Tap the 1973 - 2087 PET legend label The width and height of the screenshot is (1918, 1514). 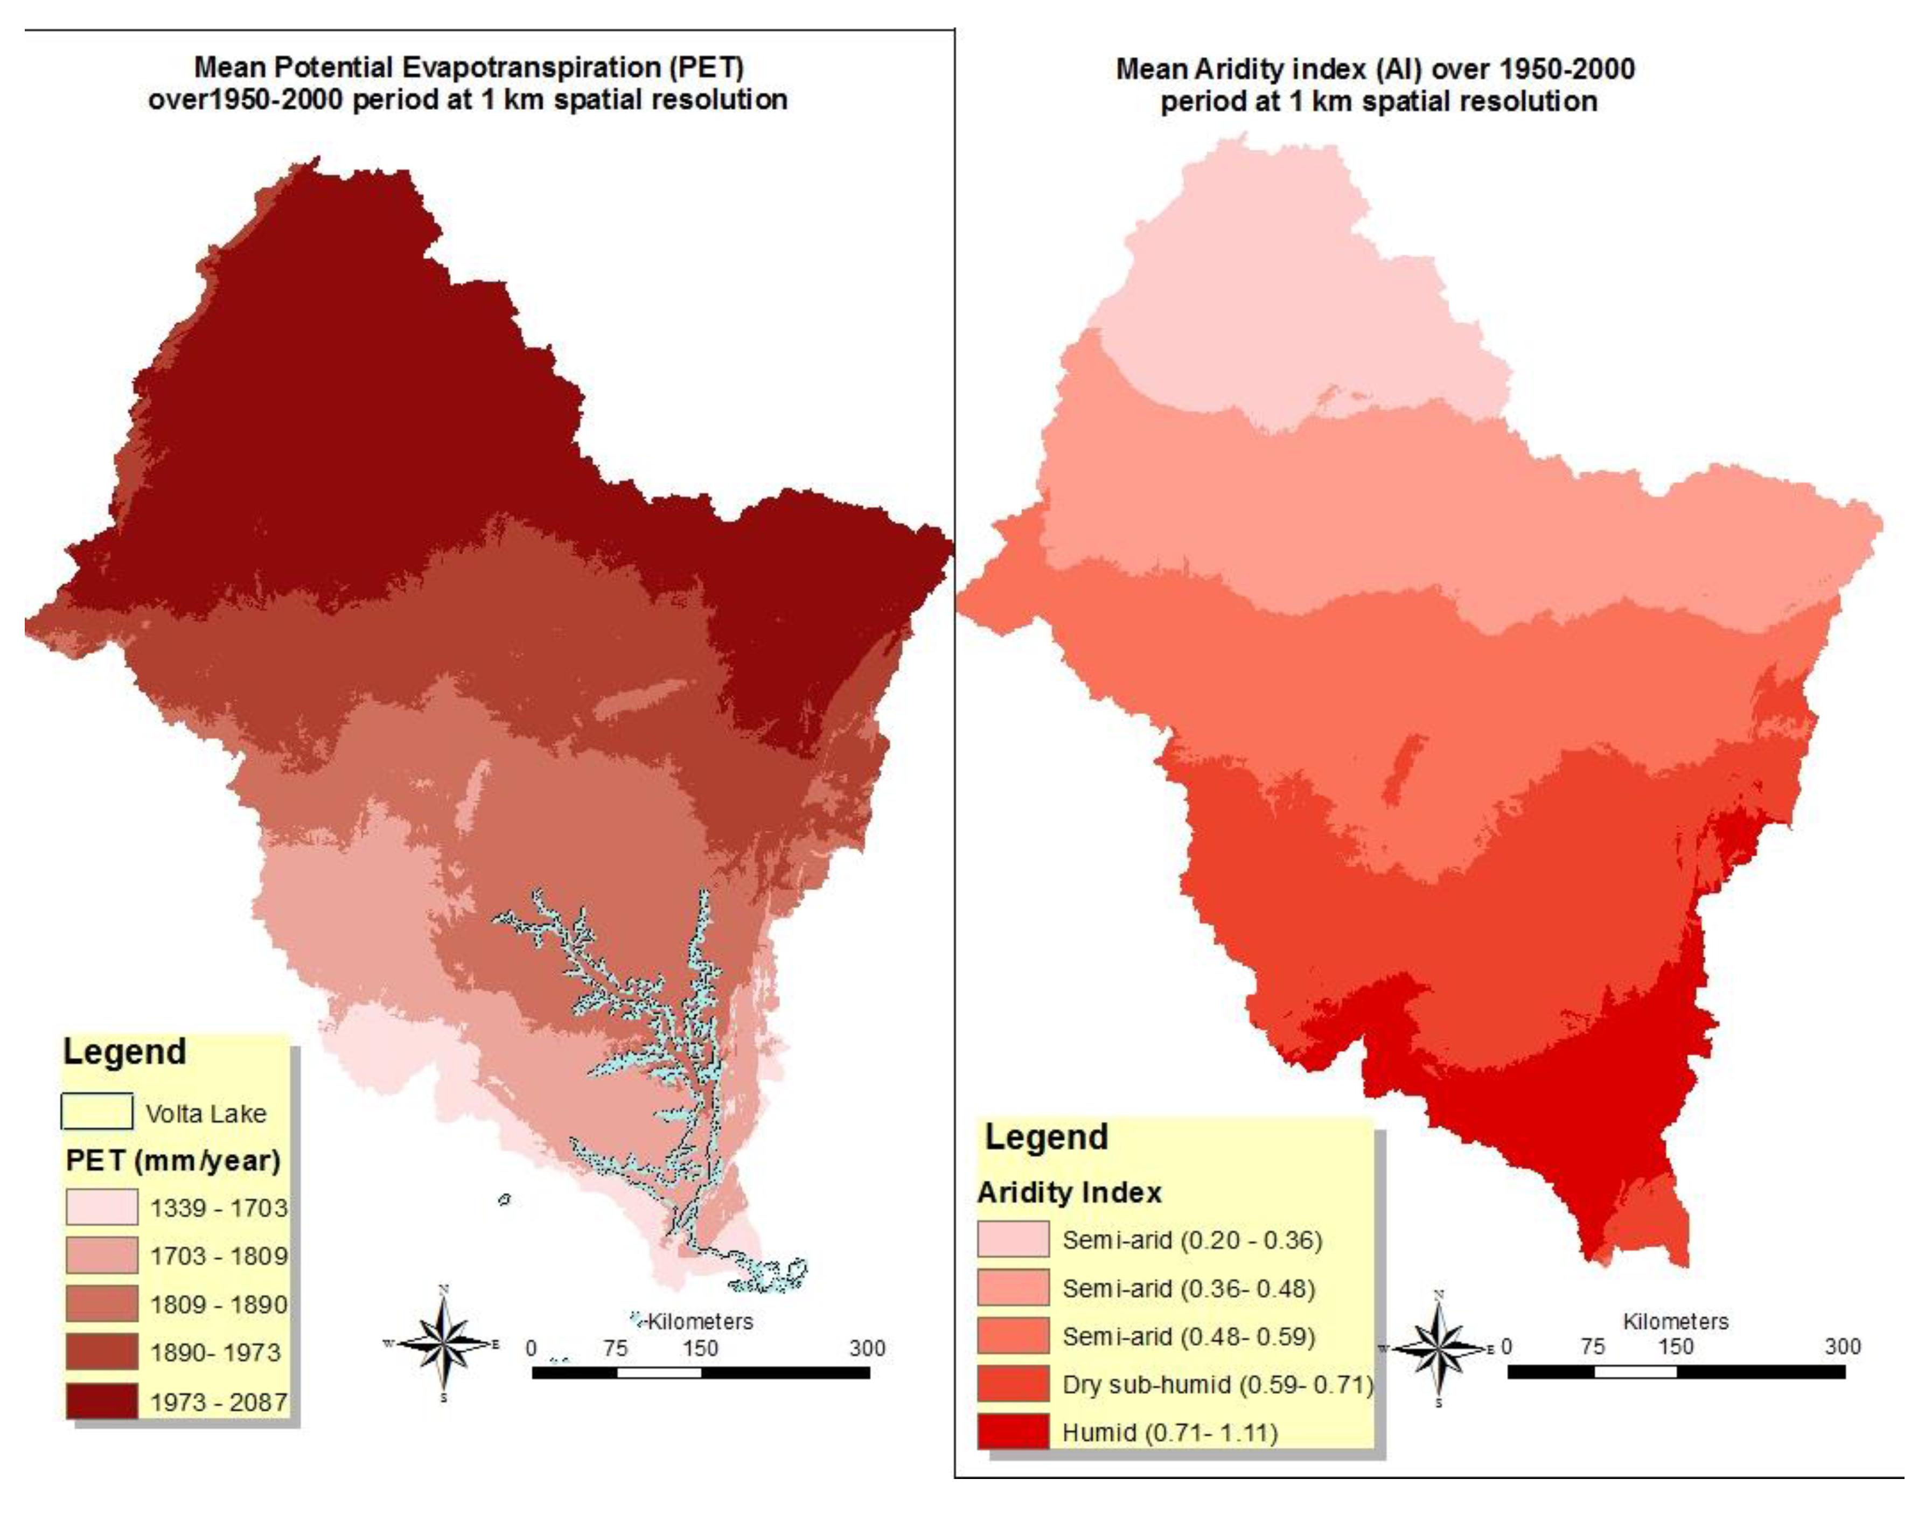218,1403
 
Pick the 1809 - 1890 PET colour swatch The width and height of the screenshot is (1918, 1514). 101,1304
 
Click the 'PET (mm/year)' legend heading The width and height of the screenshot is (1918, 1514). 173,1160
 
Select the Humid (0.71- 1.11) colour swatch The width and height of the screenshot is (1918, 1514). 1012,1432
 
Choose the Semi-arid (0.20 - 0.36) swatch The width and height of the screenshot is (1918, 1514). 1012,1239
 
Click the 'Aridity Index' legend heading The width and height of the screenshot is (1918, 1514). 1069,1192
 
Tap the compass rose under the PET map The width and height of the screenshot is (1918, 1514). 444,1344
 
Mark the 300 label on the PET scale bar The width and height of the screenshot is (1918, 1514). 866,1348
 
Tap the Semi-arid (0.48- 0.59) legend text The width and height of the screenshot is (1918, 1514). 1188,1336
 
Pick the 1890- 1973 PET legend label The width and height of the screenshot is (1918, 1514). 214,1352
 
